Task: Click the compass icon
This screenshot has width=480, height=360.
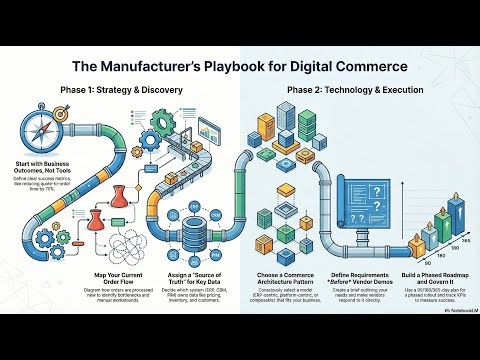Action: (30, 131)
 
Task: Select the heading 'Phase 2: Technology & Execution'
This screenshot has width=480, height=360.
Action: (349, 91)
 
